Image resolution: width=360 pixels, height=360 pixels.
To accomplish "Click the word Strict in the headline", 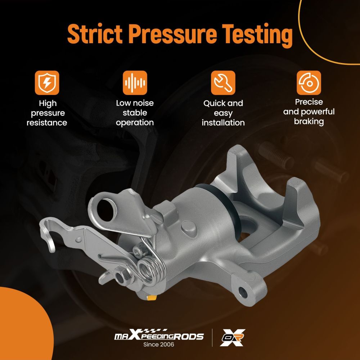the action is click(x=95, y=33).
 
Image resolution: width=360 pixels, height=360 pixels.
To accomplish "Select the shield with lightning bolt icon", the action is click(x=47, y=83).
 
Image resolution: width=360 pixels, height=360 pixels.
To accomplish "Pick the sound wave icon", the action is click(x=135, y=83).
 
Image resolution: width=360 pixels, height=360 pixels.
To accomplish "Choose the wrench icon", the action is click(x=223, y=83).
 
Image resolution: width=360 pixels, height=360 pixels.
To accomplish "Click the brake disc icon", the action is click(x=309, y=83).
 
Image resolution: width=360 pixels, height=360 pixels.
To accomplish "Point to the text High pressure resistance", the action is click(x=47, y=113).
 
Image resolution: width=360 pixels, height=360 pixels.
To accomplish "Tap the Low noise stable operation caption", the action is click(x=135, y=113).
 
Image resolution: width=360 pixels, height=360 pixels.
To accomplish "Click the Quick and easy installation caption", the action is click(x=223, y=113).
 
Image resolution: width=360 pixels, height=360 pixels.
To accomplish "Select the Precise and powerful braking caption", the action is click(x=309, y=112).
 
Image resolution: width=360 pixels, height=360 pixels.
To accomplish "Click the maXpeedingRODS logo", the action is click(x=159, y=335).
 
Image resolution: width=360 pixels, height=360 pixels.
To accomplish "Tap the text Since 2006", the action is click(x=159, y=345).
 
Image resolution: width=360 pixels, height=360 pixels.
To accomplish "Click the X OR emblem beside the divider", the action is click(x=232, y=337).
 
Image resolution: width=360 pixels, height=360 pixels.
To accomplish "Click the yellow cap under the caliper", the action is click(x=151, y=298).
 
